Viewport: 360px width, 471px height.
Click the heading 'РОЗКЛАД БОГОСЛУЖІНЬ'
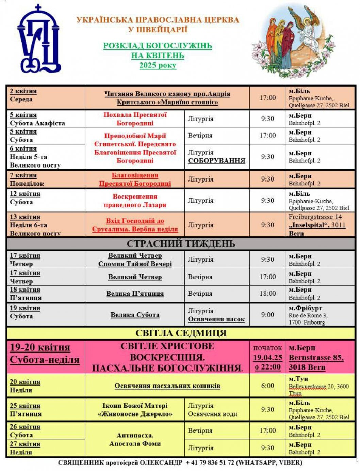tap(158, 46)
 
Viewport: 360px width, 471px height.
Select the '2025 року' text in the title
tap(158, 65)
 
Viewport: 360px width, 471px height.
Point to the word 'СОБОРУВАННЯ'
tap(216, 161)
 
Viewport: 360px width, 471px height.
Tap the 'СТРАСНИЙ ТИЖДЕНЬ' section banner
tap(181, 244)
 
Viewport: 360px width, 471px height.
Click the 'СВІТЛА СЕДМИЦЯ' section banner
tap(181, 333)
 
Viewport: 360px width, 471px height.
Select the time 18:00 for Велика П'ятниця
tap(268, 294)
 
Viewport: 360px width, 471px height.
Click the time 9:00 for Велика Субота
tap(268, 315)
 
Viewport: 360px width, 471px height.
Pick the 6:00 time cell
tap(268, 386)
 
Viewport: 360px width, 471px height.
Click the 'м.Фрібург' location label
tap(305, 308)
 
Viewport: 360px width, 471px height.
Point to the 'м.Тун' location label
tap(298, 379)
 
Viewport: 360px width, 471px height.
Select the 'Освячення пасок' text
tap(216, 319)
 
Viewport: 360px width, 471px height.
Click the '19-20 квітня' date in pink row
tap(40, 347)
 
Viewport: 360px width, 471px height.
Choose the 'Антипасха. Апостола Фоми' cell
tap(135, 439)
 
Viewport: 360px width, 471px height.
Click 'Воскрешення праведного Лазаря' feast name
tap(135, 201)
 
